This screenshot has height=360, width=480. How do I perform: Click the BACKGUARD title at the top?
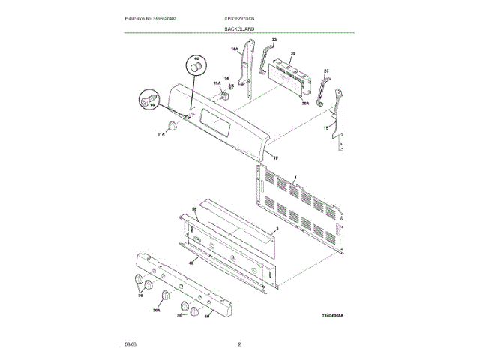click(x=239, y=28)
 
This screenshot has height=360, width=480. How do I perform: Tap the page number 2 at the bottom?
click(x=239, y=344)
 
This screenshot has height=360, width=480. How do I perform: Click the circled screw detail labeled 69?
click(x=148, y=98)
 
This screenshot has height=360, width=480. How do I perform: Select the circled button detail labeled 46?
click(x=197, y=66)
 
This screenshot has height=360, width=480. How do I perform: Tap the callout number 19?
click(x=274, y=158)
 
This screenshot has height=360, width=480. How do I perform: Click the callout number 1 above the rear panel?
click(x=295, y=177)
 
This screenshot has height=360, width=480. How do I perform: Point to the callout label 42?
click(x=191, y=262)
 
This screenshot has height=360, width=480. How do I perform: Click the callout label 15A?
click(x=234, y=50)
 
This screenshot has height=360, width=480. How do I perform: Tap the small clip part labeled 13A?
click(x=225, y=94)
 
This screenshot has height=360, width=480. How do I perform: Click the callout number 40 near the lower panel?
click(x=207, y=316)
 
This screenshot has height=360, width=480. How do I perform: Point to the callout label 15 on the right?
click(x=325, y=128)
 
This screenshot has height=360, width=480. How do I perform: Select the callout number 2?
click(x=277, y=227)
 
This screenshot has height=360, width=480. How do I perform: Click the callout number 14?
click(x=226, y=78)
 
